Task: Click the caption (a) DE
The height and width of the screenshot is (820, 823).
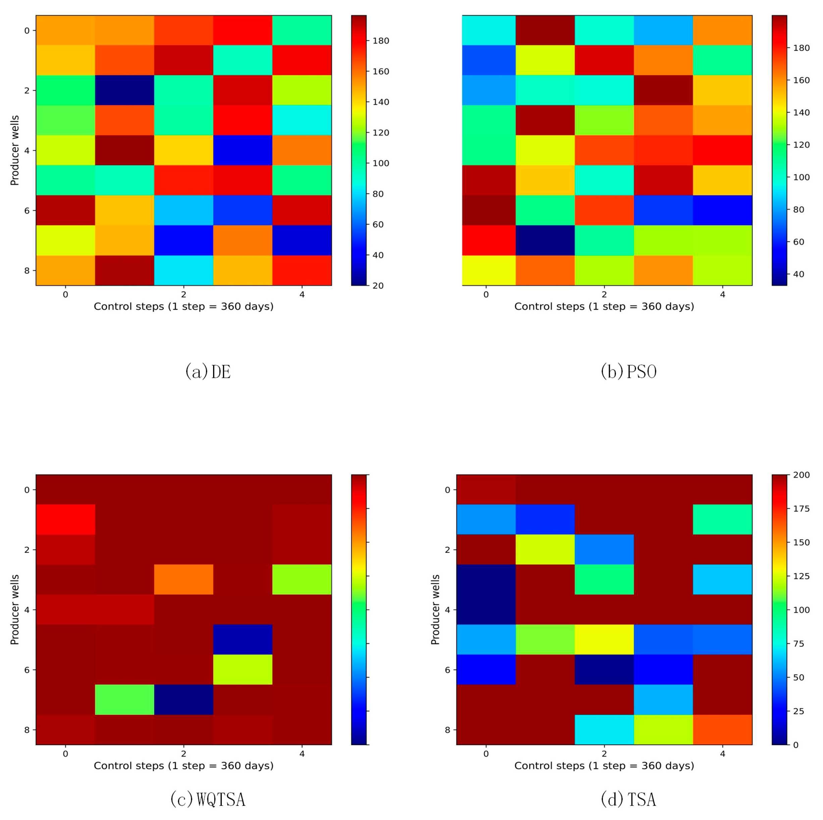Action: point(208,372)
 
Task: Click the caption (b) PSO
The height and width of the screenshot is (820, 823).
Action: point(628,372)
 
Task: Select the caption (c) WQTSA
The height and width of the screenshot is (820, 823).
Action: point(208,799)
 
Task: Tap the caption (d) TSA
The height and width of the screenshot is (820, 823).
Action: point(628,799)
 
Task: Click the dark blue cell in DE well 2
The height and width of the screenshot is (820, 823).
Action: point(124,90)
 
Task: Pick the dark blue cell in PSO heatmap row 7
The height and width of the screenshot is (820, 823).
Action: point(545,240)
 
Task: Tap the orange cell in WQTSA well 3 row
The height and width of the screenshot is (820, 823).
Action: point(184,579)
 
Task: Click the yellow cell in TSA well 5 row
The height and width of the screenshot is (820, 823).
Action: point(604,639)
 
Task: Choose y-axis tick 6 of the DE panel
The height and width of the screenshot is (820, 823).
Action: point(27,210)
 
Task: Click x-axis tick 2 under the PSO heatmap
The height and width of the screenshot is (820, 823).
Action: point(604,294)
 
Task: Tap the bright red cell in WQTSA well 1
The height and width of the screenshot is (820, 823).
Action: point(65,519)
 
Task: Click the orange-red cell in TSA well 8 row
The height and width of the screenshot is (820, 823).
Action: point(722,730)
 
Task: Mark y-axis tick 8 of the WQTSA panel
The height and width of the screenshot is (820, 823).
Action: point(27,730)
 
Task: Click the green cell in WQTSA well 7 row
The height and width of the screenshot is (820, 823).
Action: point(124,700)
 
